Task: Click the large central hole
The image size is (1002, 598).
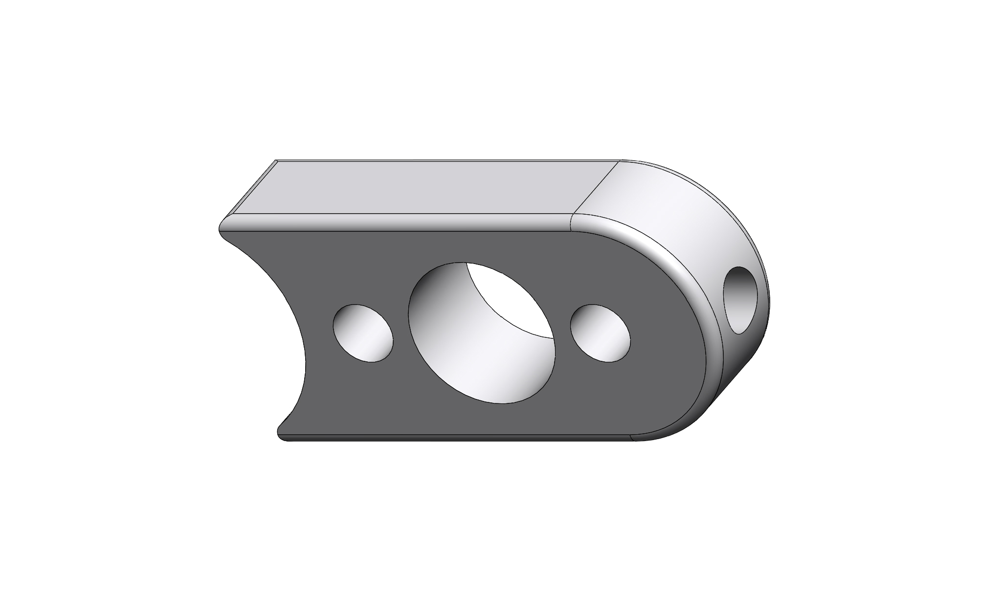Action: click(482, 332)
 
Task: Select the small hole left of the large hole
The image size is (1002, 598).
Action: click(363, 333)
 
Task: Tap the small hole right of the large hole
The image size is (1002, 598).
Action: click(600, 333)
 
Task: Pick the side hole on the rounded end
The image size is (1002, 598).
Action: click(742, 300)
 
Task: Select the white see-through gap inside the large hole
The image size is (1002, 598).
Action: click(509, 298)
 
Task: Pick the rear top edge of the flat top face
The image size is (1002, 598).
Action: click(440, 160)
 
